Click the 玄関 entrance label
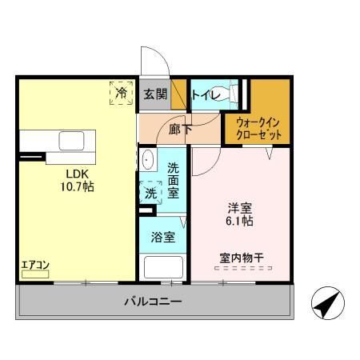click(x=155, y=94)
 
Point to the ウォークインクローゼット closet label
click(x=258, y=128)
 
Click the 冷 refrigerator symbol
click(x=121, y=94)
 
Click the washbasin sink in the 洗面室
click(x=148, y=161)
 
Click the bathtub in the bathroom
click(x=163, y=268)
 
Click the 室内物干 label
click(x=242, y=258)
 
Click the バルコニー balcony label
click(x=152, y=302)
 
